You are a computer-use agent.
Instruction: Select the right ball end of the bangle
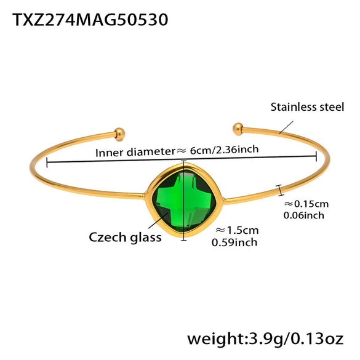[238, 128]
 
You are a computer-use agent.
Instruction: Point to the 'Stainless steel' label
[307, 107]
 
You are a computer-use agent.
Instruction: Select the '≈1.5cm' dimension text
[237, 230]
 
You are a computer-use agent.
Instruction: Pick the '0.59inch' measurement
[234, 242]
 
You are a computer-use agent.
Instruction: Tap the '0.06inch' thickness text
[303, 215]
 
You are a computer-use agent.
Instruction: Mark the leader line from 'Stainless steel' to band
[286, 126]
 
